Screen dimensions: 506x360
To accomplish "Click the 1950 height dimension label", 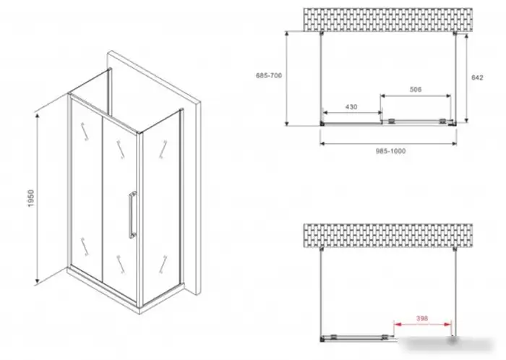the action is coord(31,198).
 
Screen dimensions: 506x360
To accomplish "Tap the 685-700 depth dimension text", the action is coord(269,75).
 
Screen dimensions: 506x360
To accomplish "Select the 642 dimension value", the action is coord(477,77).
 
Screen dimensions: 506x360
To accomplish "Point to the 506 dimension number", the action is coord(416,90).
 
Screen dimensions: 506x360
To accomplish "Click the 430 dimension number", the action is coord(351,106).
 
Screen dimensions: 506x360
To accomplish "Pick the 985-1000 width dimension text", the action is coord(390,151).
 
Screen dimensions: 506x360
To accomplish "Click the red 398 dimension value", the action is coord(421,318).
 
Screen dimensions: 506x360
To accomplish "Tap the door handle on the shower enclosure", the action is coord(132,215).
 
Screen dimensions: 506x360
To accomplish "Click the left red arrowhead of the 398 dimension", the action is coord(398,324).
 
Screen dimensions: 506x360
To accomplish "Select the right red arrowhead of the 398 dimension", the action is coord(447,324).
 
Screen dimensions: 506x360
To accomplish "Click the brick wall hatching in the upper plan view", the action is coord(388,20).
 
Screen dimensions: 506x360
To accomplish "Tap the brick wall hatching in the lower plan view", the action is coord(388,236).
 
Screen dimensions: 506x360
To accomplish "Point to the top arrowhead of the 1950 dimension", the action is coord(38,116).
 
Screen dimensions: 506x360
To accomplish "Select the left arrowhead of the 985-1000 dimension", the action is coord(323,143).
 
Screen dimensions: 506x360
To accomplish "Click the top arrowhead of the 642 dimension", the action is coord(467,37).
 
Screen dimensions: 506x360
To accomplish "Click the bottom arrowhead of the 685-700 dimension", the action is coord(286,123).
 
